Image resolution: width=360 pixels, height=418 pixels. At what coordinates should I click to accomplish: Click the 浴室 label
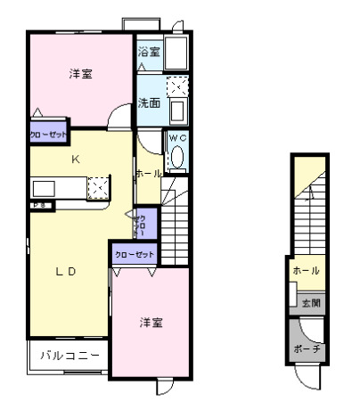[x=149, y=53]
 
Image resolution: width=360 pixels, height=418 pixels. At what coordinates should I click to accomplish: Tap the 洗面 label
[x=149, y=102]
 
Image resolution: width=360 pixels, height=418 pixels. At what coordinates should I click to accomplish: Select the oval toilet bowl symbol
[x=176, y=157]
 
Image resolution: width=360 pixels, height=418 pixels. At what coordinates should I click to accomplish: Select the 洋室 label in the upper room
[x=81, y=74]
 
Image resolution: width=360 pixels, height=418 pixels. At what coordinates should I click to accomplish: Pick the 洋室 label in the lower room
[x=150, y=322]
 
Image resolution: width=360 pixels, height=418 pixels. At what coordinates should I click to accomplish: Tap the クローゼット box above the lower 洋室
[x=134, y=254]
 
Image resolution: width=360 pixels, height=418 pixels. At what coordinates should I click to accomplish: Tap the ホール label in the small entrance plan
[x=306, y=270]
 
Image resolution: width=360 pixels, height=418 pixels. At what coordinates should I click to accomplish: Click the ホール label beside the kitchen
[x=148, y=174]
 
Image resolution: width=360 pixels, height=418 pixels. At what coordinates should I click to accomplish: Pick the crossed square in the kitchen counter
[x=98, y=186]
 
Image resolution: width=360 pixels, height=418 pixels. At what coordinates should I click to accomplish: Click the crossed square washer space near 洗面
[x=177, y=86]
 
